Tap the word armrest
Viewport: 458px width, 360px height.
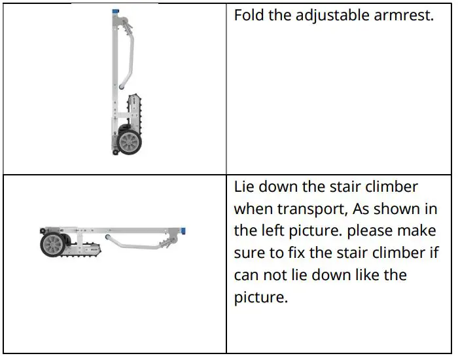click(402, 15)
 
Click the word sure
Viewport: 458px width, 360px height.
click(251, 253)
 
